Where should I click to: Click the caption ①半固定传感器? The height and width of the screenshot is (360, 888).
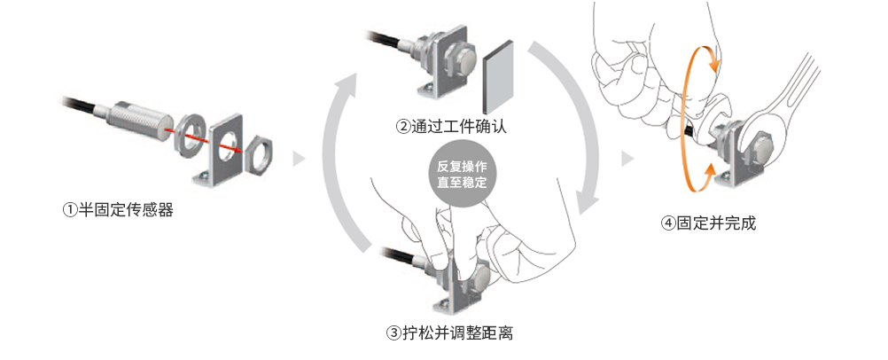[x=123, y=210]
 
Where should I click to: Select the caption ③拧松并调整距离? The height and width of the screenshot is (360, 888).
[x=450, y=334]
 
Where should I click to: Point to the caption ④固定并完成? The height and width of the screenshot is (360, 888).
[x=709, y=223]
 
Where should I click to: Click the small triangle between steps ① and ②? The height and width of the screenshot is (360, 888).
[x=299, y=159]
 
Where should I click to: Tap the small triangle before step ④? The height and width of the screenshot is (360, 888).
[x=627, y=159]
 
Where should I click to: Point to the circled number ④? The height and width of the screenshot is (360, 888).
[x=669, y=223]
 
